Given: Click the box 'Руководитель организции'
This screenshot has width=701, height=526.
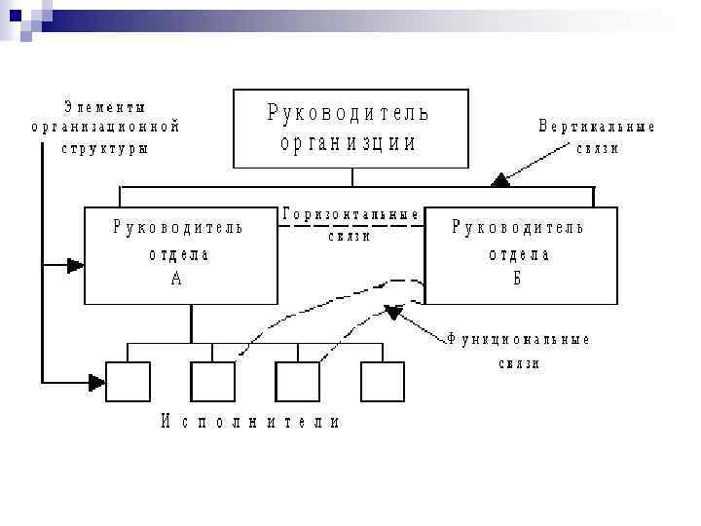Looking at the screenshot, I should (x=350, y=129).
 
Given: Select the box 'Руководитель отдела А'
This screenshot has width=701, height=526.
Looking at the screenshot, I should (x=180, y=255).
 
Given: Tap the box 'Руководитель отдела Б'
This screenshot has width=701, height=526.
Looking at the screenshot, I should (x=520, y=255).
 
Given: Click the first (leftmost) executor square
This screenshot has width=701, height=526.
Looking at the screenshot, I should (x=128, y=381).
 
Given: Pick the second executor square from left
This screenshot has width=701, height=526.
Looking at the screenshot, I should (x=212, y=381).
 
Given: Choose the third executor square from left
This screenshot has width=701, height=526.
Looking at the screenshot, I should (x=297, y=381).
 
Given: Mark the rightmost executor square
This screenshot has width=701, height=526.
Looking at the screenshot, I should (x=382, y=381).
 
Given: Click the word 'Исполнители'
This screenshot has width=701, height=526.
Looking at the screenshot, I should (x=250, y=422).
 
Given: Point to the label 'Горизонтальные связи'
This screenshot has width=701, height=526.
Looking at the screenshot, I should (x=351, y=223).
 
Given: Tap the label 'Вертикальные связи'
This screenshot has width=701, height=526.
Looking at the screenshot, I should (x=597, y=137).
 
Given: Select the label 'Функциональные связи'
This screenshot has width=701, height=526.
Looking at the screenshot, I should (x=519, y=351).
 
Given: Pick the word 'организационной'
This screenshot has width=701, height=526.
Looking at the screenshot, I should (x=105, y=127).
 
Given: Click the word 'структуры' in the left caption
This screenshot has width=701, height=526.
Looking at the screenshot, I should (x=104, y=148).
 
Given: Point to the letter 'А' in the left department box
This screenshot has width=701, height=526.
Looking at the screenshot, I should (x=175, y=279).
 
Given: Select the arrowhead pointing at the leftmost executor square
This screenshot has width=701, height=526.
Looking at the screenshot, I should (x=96, y=381).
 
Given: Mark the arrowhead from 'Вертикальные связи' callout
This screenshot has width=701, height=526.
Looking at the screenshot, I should (x=500, y=178).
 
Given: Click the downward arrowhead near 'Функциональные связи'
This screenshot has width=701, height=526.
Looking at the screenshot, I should (x=392, y=313).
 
